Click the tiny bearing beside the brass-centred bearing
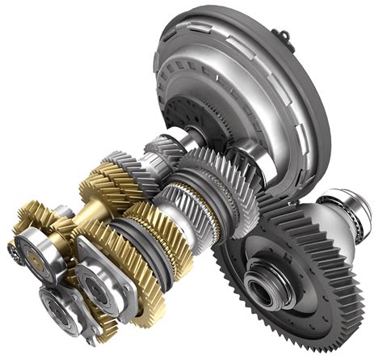tap(11, 249)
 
